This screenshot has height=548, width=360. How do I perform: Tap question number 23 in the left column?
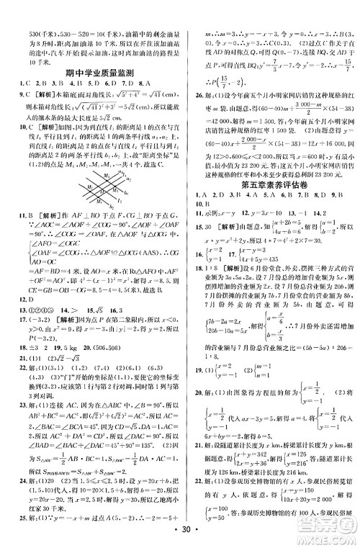click(x=21, y=413)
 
